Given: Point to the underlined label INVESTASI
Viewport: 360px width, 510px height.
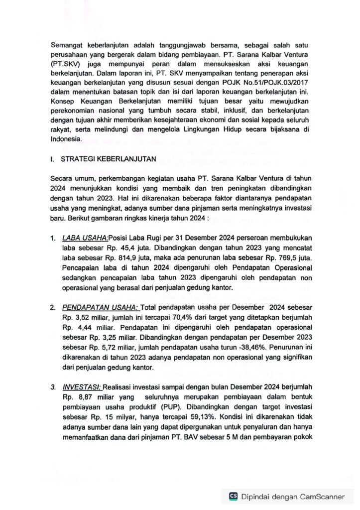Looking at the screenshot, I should tap(82, 386).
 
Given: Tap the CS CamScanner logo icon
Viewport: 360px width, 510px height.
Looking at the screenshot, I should tap(233, 496).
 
